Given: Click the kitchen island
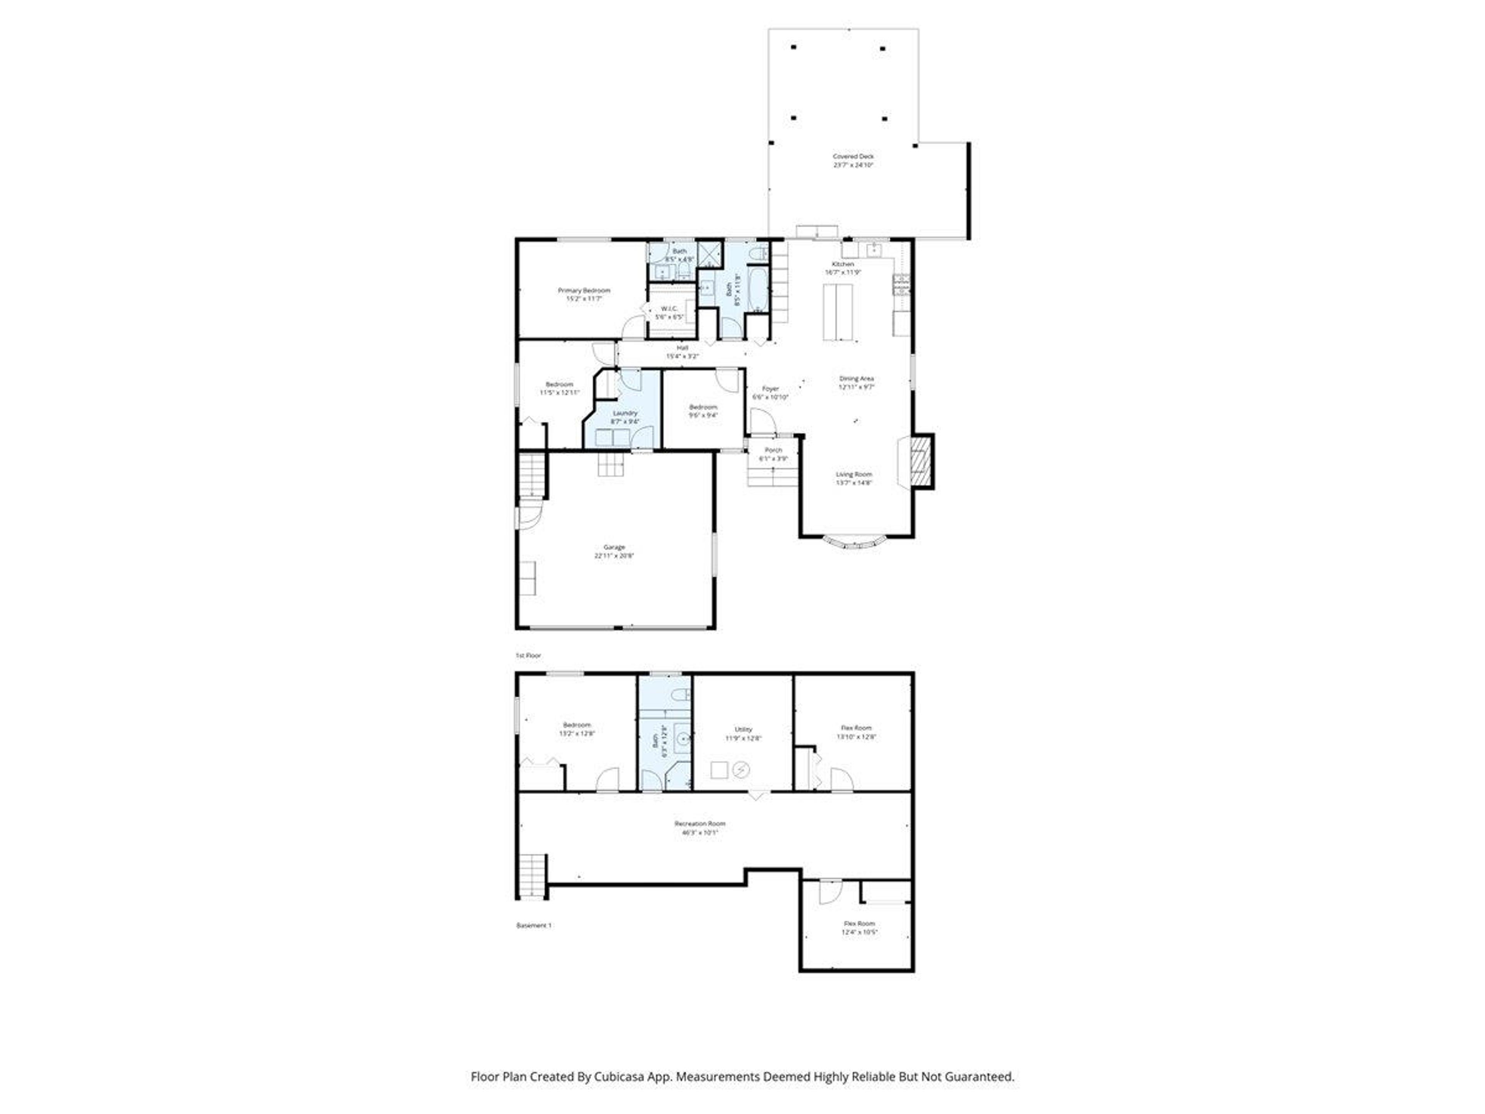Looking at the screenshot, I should [x=838, y=312].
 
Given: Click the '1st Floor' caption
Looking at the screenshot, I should [x=527, y=655].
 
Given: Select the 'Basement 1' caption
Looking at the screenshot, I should [x=534, y=925].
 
